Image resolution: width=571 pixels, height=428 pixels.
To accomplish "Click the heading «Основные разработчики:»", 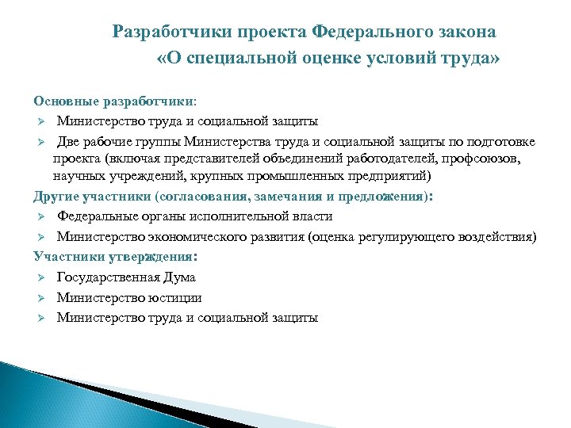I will point(117,101).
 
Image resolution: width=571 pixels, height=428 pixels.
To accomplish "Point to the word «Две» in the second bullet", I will point(69,142).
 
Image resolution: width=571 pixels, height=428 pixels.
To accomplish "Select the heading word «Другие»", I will point(56,196).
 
